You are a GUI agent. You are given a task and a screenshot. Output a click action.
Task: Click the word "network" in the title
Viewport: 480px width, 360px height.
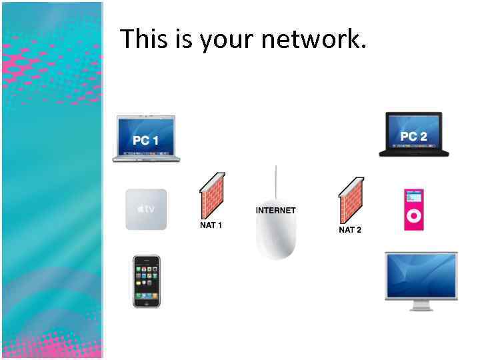tap(313, 40)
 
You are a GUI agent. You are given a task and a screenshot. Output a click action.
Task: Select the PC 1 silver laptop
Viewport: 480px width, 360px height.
tap(146, 139)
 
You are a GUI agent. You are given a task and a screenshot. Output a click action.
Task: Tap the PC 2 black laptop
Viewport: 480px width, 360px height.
tap(413, 135)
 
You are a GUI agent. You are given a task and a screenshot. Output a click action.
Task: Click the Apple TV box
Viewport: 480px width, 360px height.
tap(146, 209)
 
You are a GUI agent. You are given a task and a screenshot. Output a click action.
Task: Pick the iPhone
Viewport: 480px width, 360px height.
tap(146, 281)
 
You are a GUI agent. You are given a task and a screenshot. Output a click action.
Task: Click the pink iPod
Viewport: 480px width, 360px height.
tap(413, 209)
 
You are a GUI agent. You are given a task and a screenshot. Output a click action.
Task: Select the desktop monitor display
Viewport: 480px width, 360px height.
tap(421, 275)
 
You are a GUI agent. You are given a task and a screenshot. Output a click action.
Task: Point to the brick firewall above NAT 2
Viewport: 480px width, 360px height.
tap(351, 200)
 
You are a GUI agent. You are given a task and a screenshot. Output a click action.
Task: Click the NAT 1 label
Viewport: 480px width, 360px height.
tap(211, 225)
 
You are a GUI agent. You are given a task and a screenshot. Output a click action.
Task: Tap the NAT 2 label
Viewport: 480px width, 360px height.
tap(350, 230)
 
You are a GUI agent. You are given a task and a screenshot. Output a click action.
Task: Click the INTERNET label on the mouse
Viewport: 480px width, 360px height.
tap(275, 211)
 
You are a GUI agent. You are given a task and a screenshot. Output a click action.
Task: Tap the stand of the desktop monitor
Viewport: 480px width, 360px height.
tap(421, 305)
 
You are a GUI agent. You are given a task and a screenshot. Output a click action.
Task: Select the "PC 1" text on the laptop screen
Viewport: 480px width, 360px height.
tap(145, 141)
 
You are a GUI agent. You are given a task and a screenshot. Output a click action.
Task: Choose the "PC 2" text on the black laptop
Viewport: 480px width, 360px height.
tap(414, 136)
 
